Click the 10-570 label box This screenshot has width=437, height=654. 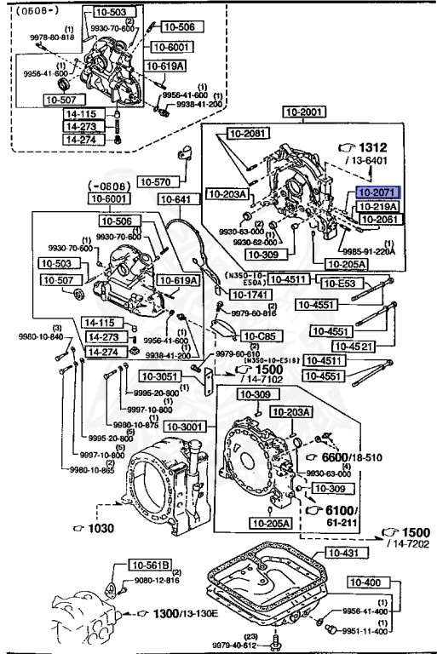pos(157,181)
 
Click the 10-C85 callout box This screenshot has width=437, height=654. pos(256,336)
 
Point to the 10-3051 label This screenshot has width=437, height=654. pos(159,376)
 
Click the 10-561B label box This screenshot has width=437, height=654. pos(151,564)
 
